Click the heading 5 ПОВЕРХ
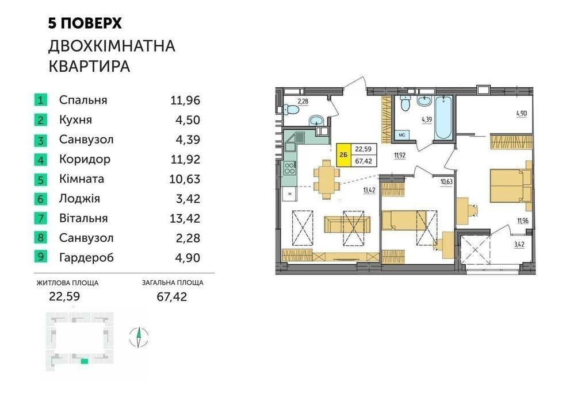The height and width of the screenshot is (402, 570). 85,24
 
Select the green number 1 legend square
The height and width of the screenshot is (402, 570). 40,100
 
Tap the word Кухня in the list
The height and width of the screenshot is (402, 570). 75,119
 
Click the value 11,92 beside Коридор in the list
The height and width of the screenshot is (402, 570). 185,159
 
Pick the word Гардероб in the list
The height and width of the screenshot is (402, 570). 86,258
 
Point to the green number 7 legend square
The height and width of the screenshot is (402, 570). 40,218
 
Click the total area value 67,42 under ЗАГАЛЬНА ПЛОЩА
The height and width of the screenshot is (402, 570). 171,297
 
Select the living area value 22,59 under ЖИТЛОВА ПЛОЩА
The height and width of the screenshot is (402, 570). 64,297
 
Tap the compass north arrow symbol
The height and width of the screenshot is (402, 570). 139,338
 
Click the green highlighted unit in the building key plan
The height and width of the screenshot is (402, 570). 85,361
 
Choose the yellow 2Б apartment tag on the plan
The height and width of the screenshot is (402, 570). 344,155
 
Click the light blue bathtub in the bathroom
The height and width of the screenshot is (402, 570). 443,118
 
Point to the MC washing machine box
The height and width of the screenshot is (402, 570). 402,135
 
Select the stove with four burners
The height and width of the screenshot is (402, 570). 290,168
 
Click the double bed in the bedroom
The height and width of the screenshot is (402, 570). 511,185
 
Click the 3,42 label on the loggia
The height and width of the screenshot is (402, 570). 519,245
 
